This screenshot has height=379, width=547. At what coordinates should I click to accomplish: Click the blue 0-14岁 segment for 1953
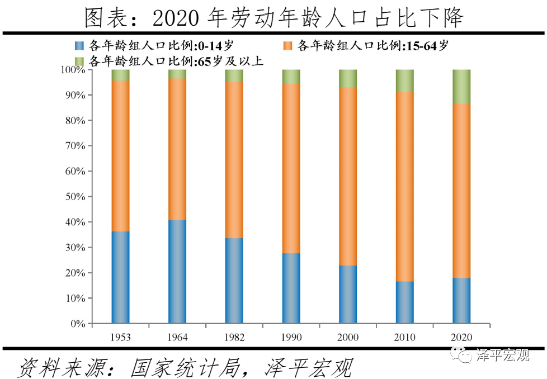point(120,277)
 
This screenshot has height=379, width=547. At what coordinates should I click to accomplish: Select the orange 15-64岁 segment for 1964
point(177,149)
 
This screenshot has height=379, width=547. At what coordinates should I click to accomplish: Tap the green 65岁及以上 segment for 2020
point(461,87)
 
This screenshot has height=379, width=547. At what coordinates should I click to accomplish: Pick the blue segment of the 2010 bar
point(404,302)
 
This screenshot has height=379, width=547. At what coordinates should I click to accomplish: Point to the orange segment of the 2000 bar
point(347,176)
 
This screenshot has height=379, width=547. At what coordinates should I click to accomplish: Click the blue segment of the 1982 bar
point(234,281)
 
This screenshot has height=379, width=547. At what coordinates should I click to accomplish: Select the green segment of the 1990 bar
point(291,77)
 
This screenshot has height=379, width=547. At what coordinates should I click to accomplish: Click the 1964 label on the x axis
point(177,337)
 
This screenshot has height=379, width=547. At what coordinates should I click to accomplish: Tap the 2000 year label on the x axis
point(347,337)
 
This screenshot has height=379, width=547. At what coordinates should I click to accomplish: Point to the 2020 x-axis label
point(461,337)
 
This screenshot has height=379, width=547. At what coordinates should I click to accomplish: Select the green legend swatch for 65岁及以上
point(79,60)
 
